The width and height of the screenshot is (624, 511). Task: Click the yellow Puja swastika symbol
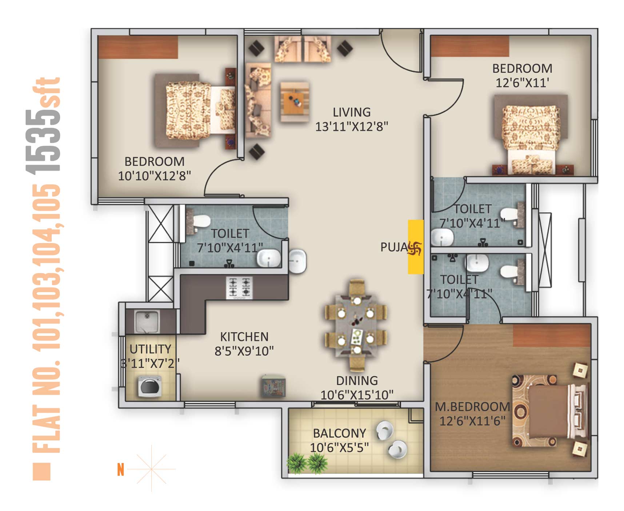click(415, 249)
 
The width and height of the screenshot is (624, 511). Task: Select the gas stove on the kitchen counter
click(239, 287)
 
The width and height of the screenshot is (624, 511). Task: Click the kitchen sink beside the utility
click(147, 321)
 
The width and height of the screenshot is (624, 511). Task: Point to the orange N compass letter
click(121, 470)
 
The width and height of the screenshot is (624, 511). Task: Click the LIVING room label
click(352, 112)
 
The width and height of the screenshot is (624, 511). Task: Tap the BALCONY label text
click(339, 433)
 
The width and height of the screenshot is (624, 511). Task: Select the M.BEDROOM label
click(472, 407)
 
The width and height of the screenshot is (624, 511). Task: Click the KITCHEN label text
click(244, 337)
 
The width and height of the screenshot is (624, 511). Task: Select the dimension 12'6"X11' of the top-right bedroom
click(522, 83)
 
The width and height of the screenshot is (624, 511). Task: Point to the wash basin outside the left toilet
click(297, 261)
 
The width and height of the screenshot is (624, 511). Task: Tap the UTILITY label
click(150, 349)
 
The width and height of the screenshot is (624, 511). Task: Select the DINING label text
click(357, 381)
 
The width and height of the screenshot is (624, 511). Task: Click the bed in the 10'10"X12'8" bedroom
click(195, 111)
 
